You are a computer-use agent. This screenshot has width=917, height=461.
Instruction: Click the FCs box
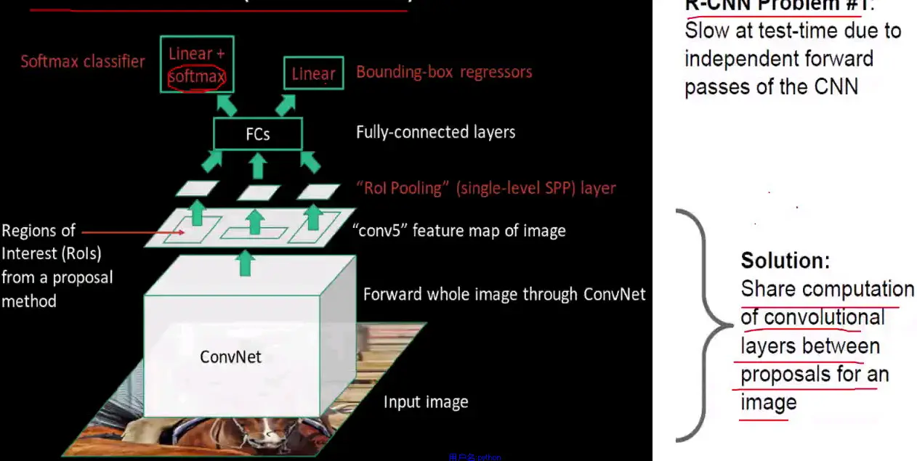click(257, 134)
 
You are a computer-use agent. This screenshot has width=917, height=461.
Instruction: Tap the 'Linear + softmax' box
click(196, 64)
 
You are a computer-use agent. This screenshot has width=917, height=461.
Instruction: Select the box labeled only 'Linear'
click(313, 73)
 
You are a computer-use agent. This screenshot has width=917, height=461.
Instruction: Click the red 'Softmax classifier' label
click(82, 61)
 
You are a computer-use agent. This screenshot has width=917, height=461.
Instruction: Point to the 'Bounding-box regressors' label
click(444, 72)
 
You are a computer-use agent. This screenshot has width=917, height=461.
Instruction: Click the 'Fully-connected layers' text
click(435, 132)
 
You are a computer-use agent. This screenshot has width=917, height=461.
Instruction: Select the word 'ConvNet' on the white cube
click(230, 356)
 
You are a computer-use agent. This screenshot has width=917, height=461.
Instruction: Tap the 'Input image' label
click(426, 401)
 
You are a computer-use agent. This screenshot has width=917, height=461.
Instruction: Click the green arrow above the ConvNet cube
click(246, 263)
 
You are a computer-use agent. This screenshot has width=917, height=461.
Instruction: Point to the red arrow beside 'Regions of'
click(116, 232)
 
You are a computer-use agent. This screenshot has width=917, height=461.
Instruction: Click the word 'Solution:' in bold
click(785, 260)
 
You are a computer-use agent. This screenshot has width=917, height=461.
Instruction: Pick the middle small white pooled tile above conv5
click(258, 192)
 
